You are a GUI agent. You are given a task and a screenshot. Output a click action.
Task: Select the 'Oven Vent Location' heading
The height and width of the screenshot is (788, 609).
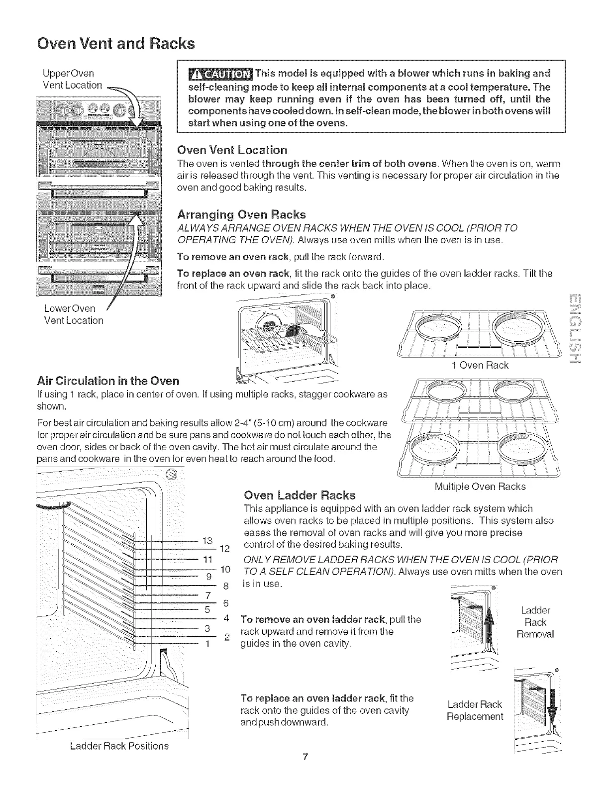coord(232,150)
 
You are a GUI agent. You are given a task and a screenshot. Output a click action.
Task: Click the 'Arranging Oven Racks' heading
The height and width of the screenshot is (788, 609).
coord(241,214)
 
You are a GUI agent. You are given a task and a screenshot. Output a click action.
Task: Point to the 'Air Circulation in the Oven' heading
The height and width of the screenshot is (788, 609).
coord(108,381)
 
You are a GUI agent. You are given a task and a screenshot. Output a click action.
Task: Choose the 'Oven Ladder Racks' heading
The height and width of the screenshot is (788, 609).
coord(300,495)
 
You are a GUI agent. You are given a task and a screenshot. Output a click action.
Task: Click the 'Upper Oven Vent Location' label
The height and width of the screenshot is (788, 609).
coord(72,80)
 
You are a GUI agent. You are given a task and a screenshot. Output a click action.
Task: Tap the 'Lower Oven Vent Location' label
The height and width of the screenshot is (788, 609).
coord(72,314)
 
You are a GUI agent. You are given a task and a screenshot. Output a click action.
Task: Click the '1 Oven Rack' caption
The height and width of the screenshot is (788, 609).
coord(480,366)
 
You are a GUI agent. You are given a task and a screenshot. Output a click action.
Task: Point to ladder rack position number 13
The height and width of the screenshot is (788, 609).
coord(208,541)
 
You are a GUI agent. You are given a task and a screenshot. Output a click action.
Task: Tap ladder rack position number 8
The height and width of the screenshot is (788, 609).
coord(225,586)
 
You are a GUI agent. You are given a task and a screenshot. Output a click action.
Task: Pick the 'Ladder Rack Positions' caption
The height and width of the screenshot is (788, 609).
coord(119,746)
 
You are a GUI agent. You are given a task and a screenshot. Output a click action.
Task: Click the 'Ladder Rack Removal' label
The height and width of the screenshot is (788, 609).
coord(535,622)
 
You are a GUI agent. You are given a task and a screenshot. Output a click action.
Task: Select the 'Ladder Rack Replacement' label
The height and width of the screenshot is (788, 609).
coord(475,710)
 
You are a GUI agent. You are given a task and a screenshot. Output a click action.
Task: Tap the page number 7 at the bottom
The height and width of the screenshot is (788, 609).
coord(304,771)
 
